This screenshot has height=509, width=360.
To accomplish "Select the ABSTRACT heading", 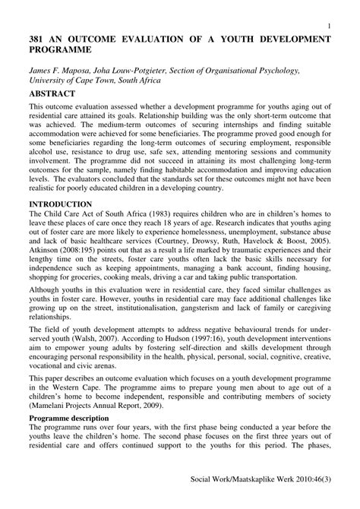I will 53,95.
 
